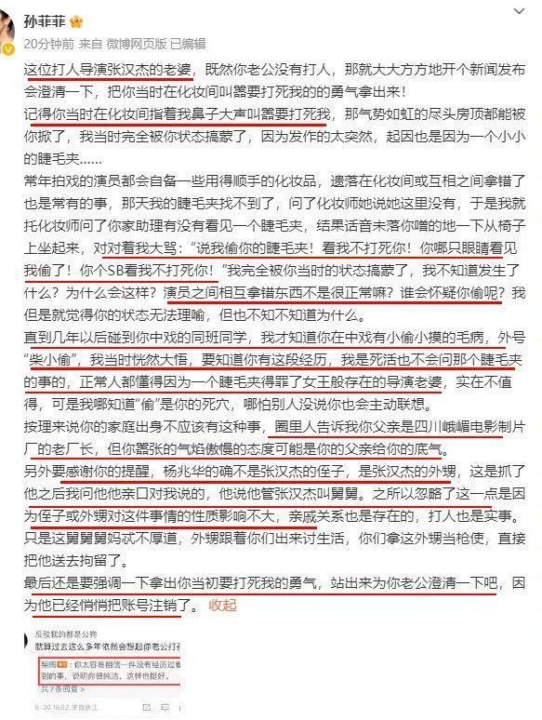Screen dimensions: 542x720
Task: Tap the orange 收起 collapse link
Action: click(224, 605)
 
